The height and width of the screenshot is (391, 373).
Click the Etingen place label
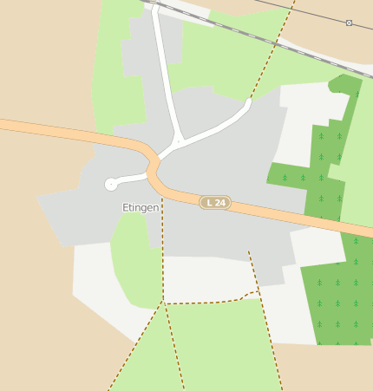click(x=141, y=208)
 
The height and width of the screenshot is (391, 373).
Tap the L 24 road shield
click(x=214, y=203)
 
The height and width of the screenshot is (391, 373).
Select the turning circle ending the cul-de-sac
click(x=110, y=184)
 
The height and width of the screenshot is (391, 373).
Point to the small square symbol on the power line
click(x=349, y=23)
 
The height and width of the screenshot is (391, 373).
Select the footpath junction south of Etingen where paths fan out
click(x=163, y=303)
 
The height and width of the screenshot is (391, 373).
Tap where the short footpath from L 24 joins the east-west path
click(x=258, y=292)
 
